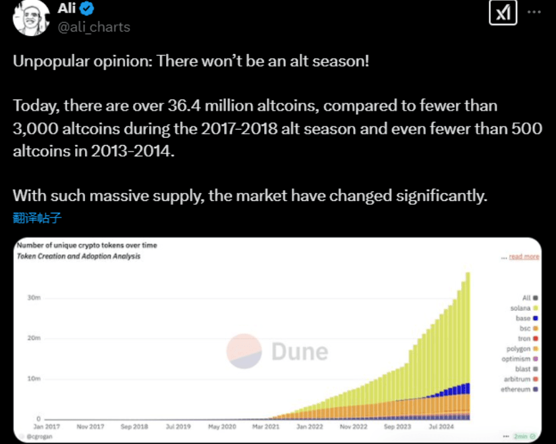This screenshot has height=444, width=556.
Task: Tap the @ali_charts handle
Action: point(95,27)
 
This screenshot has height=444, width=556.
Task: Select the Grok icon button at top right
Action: point(503,13)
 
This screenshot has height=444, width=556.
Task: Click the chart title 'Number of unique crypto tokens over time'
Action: point(87,246)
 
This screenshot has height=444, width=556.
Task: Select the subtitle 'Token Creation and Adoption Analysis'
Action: point(78,256)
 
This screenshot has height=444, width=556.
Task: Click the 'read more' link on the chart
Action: point(524,257)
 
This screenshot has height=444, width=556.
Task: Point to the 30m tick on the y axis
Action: point(34,298)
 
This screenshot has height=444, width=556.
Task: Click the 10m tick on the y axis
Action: point(34,379)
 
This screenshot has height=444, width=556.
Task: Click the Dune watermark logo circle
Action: point(244,351)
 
